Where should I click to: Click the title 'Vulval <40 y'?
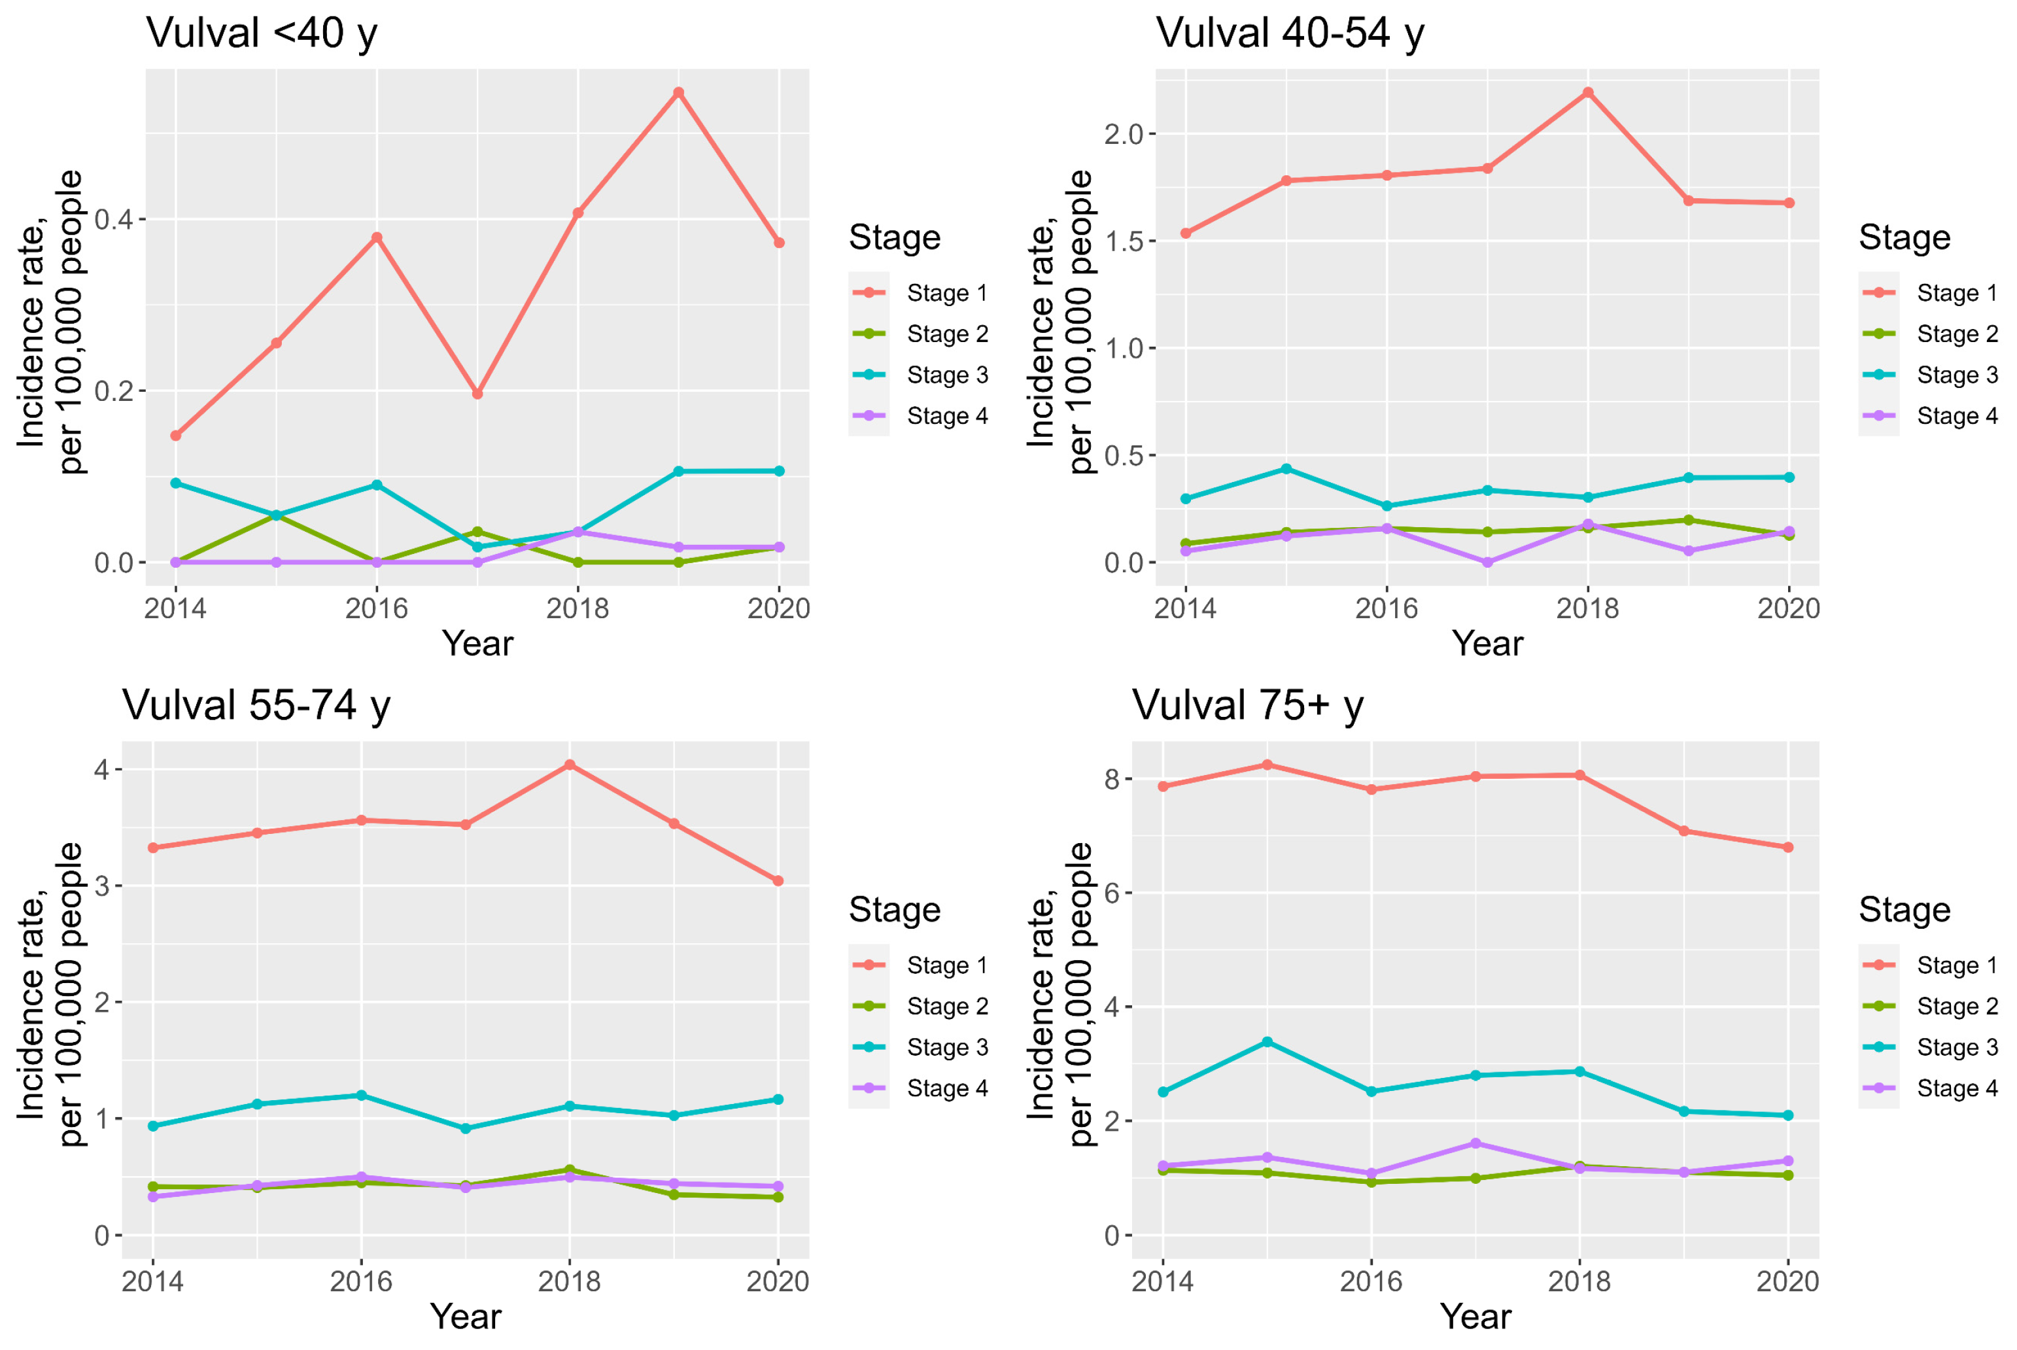pyautogui.click(x=262, y=33)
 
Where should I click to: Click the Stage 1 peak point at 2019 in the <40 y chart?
pyautogui.click(x=678, y=93)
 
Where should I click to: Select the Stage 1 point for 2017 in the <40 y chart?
pyautogui.click(x=477, y=394)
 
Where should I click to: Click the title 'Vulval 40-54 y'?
pyautogui.click(x=1290, y=33)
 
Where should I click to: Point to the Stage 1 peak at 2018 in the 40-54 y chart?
pyautogui.click(x=1587, y=93)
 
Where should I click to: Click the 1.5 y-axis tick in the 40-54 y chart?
pyautogui.click(x=1124, y=242)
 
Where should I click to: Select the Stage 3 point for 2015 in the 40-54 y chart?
pyautogui.click(x=1285, y=469)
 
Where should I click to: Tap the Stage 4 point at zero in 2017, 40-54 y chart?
pyautogui.click(x=1487, y=562)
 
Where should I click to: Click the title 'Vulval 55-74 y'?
pyautogui.click(x=256, y=705)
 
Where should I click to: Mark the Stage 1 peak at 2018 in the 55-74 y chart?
pyautogui.click(x=569, y=765)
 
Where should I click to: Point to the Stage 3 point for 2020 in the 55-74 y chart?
pyautogui.click(x=778, y=1099)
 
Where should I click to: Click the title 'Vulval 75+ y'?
pyautogui.click(x=1247, y=705)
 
